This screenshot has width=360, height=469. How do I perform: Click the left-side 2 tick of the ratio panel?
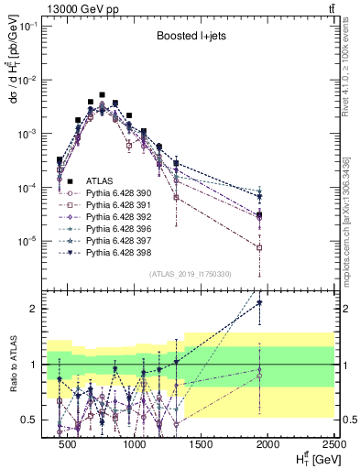(x=38, y=309)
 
